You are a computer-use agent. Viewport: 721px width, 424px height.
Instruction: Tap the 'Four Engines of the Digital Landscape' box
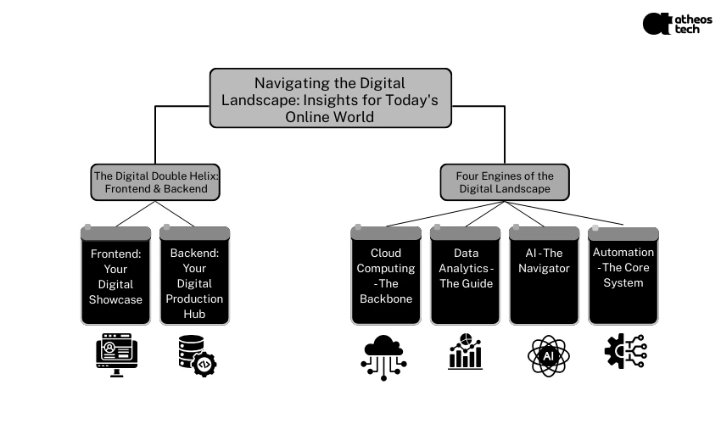505,182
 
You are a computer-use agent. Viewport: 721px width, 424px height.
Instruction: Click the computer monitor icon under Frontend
116,354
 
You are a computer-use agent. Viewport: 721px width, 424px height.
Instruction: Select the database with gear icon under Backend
197,354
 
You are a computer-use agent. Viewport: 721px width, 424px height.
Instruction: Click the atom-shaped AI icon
545,354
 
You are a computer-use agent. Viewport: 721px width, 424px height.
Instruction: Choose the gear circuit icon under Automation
623,351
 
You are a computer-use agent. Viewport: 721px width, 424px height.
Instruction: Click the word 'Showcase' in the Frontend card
116,299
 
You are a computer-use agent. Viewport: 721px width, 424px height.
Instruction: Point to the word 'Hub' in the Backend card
195,315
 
